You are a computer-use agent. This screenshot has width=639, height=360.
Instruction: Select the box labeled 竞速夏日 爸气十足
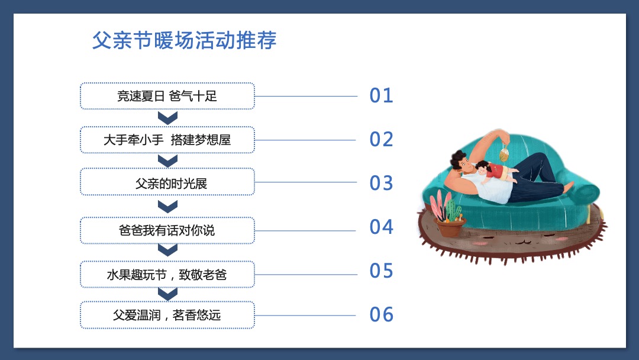point(167,96)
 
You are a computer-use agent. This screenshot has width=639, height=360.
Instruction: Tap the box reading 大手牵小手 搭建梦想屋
point(167,140)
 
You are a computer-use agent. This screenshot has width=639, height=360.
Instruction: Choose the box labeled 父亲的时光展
point(167,183)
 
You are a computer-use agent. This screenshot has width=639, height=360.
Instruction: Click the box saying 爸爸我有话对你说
point(167,230)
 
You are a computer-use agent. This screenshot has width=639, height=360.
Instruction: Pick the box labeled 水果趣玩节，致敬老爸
point(167,275)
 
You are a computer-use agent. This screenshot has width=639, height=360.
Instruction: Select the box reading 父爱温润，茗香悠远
point(167,315)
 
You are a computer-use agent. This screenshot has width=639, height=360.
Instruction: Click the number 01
point(381,96)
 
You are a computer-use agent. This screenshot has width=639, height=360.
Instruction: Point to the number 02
point(381,140)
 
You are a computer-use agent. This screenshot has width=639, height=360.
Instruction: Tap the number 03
point(381,183)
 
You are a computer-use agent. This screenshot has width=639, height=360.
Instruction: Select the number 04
point(381,227)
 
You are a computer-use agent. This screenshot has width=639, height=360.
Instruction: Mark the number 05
point(381,271)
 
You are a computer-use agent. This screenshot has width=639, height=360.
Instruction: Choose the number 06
point(381,314)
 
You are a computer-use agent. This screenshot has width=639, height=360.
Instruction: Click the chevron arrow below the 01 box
point(168,118)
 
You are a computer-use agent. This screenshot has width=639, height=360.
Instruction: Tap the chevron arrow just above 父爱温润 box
point(168,294)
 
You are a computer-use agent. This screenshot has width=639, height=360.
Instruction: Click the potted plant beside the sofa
point(448,217)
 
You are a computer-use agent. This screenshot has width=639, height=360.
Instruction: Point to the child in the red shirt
point(493,171)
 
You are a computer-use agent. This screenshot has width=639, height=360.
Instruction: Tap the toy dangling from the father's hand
point(505,154)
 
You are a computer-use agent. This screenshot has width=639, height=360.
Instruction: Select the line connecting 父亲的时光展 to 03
point(305,182)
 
